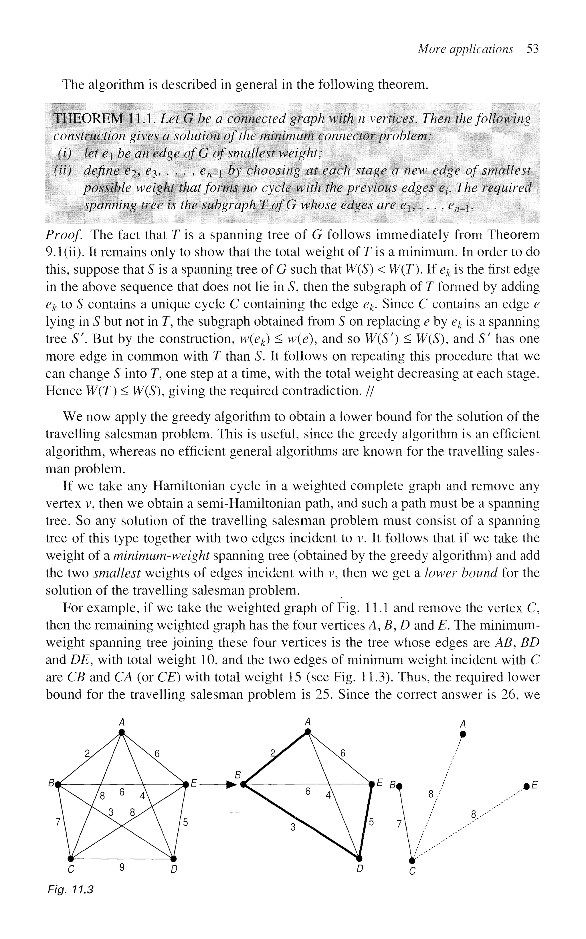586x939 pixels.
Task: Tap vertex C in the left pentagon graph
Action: pyautogui.click(x=71, y=858)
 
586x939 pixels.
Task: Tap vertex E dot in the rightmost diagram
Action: pyautogui.click(x=526, y=786)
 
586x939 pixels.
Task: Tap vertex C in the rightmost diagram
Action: pyautogui.click(x=411, y=860)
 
